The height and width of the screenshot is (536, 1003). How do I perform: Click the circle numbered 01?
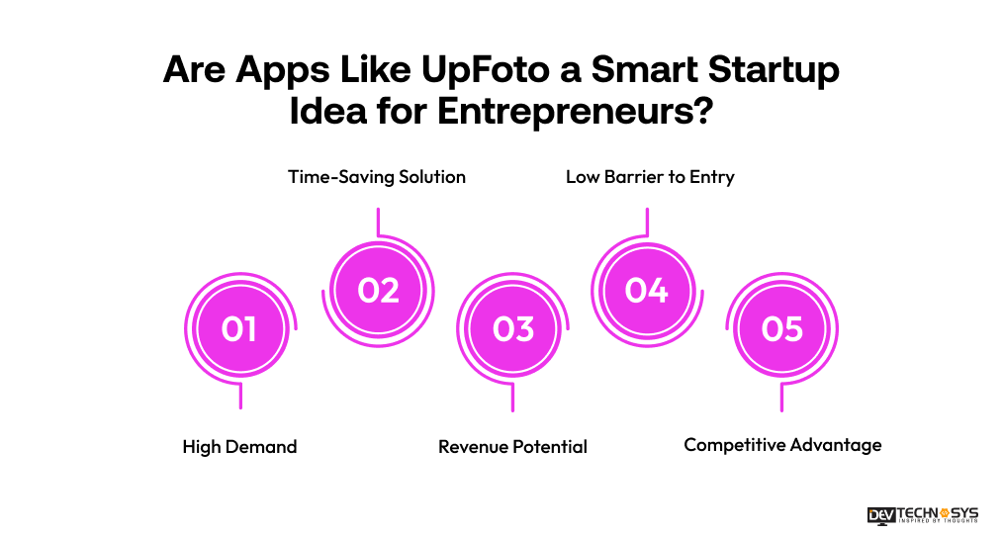tap(239, 328)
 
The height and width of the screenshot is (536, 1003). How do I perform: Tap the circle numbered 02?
tap(378, 290)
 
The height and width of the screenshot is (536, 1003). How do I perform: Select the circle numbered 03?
tap(512, 328)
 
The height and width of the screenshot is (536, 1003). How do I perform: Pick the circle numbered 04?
tap(647, 290)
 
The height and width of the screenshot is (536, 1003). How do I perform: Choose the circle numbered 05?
tap(781, 328)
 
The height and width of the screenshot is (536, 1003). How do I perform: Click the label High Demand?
tap(239, 447)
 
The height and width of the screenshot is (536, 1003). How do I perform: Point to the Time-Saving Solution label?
tap(376, 177)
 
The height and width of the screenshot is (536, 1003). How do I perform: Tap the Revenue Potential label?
tap(512, 447)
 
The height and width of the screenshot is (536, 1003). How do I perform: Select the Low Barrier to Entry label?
tap(650, 177)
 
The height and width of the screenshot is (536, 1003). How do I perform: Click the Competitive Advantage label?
tap(782, 445)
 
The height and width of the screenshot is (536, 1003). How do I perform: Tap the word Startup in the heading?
tap(773, 72)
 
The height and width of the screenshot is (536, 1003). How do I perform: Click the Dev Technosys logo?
tap(922, 514)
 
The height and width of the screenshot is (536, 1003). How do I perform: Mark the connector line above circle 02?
tap(378, 223)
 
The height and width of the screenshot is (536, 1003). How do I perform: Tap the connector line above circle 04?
tap(647, 223)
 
